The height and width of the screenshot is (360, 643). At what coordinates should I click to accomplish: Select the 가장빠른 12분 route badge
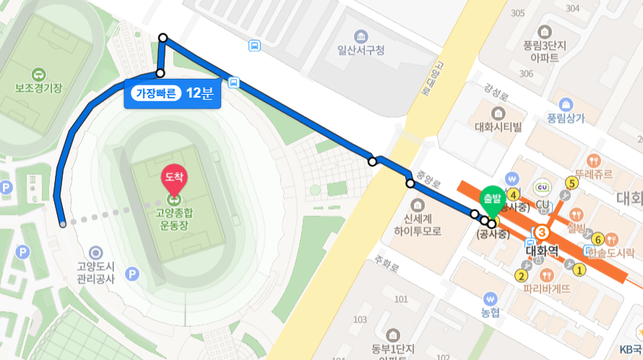[x=172, y=94]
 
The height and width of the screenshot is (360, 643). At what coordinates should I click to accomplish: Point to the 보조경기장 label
[x=38, y=87]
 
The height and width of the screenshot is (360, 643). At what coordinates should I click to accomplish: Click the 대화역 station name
[x=543, y=251]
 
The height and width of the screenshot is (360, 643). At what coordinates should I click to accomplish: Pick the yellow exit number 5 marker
[x=572, y=183]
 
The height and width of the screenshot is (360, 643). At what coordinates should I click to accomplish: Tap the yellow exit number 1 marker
[x=579, y=271]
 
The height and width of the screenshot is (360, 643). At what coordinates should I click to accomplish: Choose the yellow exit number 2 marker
[x=520, y=275]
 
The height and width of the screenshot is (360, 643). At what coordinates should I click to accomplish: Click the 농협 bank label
[x=491, y=312]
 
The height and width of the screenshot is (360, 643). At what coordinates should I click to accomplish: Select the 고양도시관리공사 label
[x=95, y=272]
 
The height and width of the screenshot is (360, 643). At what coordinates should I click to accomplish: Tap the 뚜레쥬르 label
[x=593, y=174]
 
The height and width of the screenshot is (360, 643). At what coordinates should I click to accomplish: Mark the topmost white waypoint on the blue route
[x=163, y=37]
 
